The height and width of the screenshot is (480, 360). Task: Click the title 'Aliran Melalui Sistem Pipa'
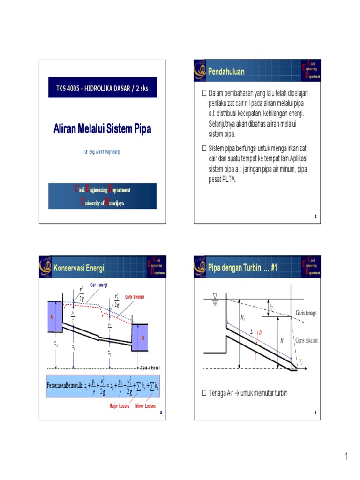102,128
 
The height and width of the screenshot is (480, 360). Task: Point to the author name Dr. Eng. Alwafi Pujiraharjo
102,153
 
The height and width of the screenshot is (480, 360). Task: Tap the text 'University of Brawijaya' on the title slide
102,202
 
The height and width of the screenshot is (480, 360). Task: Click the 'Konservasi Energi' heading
78,268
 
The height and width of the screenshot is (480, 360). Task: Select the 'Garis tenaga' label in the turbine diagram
306,313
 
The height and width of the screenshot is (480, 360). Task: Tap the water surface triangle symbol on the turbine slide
215,296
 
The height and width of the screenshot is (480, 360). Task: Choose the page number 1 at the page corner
347,456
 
